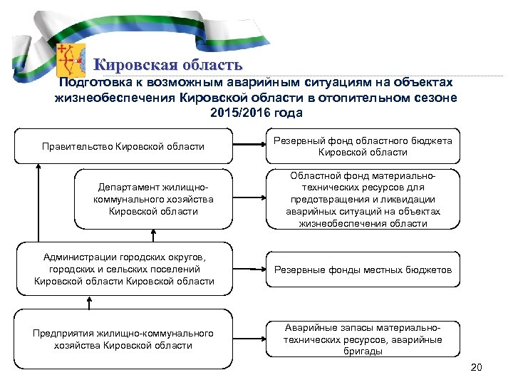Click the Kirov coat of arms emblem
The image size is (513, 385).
pos(71,60)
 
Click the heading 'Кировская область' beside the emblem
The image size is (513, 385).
pos(164,66)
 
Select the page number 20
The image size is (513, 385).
pos(477,367)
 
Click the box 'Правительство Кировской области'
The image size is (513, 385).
pos(123,146)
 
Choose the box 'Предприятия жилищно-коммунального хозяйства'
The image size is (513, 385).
pos(123,339)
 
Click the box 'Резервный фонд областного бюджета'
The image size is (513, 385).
pos(363,146)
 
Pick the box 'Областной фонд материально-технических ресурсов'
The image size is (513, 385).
pos(363,199)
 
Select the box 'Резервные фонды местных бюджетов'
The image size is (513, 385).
pos(363,269)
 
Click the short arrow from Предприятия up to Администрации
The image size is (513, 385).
pos(88,302)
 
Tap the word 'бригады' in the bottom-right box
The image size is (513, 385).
pos(363,351)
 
